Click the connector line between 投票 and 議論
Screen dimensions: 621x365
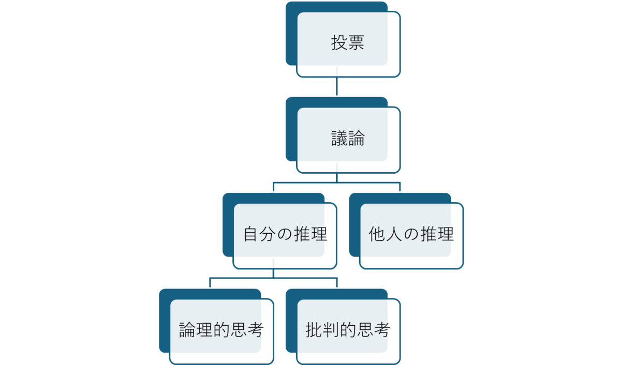coord(337,86)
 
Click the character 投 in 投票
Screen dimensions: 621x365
coord(339,42)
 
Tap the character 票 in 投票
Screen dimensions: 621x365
coord(356,42)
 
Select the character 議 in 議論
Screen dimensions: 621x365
coord(339,138)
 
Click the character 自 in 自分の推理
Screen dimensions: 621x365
coord(250,234)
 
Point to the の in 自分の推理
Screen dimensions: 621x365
coord(285,234)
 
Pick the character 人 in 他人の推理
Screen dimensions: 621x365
coord(394,234)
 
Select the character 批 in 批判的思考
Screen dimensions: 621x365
coord(314,330)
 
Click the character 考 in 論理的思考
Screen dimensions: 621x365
coord(255,330)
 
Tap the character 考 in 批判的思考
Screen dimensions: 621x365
coord(382,330)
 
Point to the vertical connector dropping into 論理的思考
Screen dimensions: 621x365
coord(210,282)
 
